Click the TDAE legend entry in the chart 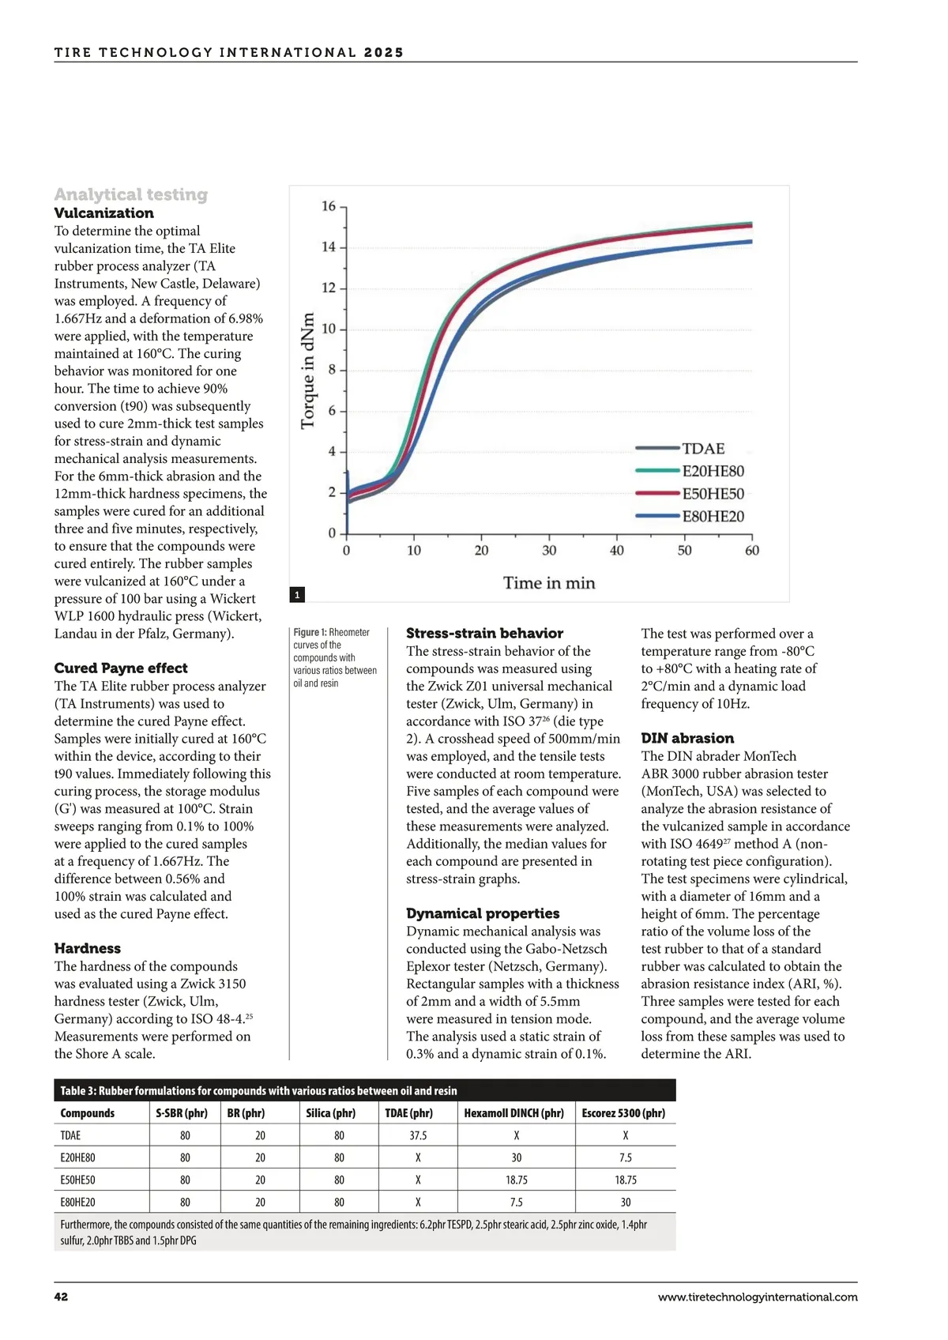(702, 449)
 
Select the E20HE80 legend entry (713, 472)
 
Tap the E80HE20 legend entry (713, 517)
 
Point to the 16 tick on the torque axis (329, 206)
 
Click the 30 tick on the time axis (549, 551)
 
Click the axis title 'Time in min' (549, 583)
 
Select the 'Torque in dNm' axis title (307, 371)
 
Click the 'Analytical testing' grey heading (131, 194)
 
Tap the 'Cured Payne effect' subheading (121, 668)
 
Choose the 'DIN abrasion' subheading (687, 738)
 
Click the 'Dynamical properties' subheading (483, 913)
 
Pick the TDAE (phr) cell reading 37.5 (418, 1135)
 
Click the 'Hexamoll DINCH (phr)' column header (513, 1113)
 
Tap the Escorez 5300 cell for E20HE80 (625, 1157)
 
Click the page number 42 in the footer (61, 1297)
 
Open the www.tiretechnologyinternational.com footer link (757, 1297)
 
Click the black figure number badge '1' (297, 595)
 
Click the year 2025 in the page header (384, 53)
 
